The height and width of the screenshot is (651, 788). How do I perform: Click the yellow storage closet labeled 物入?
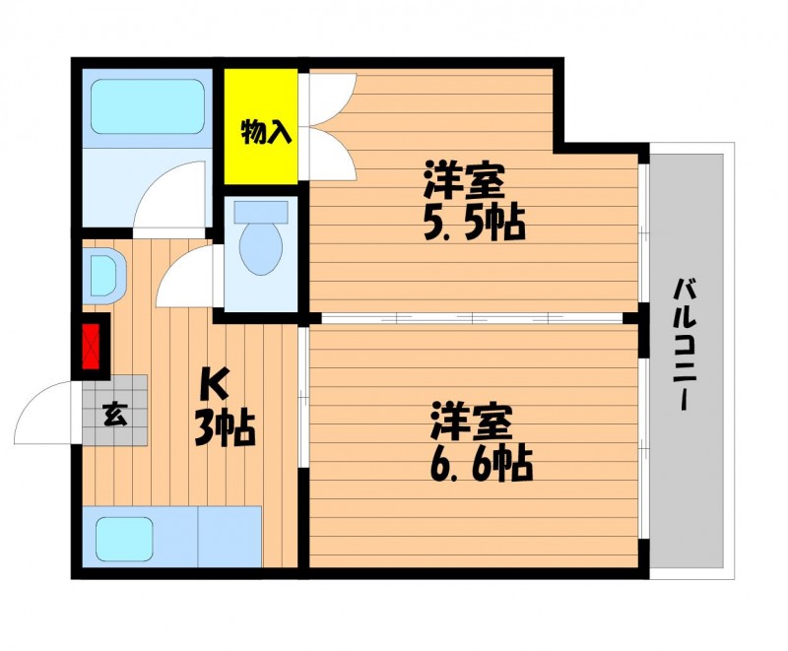(260, 126)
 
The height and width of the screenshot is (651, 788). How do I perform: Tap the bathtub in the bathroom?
(147, 106)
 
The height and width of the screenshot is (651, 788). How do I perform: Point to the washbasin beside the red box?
(103, 276)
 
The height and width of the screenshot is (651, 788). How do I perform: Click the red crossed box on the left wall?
(91, 347)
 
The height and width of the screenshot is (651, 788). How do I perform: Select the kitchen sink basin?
(124, 539)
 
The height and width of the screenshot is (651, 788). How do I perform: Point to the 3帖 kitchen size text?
(225, 427)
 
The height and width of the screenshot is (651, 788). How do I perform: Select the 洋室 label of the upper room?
(464, 179)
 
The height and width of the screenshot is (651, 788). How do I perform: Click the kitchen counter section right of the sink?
(230, 537)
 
